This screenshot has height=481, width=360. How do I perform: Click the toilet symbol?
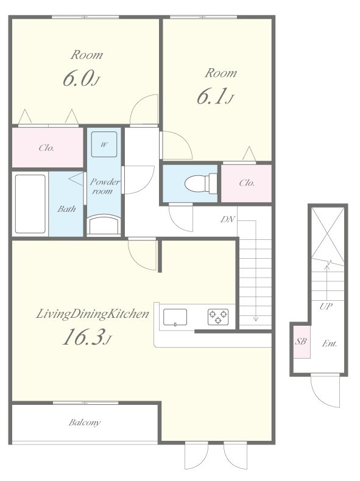(x=201, y=183)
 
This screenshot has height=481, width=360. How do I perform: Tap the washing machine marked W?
(x=104, y=144)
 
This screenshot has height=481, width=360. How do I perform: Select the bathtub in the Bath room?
(x=30, y=204)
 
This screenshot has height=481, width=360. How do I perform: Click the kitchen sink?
(x=175, y=317)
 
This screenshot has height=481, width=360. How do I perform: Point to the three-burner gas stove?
(x=218, y=317)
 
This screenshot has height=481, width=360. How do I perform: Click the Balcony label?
(x=85, y=423)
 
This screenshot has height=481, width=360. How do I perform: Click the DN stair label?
(x=228, y=219)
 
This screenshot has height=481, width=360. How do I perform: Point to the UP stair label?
(x=326, y=306)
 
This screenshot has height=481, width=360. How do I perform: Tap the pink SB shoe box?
(x=301, y=342)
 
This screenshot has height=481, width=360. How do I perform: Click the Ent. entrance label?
(x=330, y=343)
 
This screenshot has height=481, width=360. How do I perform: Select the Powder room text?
(x=104, y=186)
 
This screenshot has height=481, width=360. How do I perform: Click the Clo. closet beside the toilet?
(x=247, y=183)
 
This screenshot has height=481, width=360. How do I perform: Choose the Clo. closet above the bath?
(x=48, y=148)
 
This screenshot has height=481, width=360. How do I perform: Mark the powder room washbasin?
(x=104, y=225)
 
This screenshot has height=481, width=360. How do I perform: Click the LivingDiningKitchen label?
(x=93, y=314)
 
